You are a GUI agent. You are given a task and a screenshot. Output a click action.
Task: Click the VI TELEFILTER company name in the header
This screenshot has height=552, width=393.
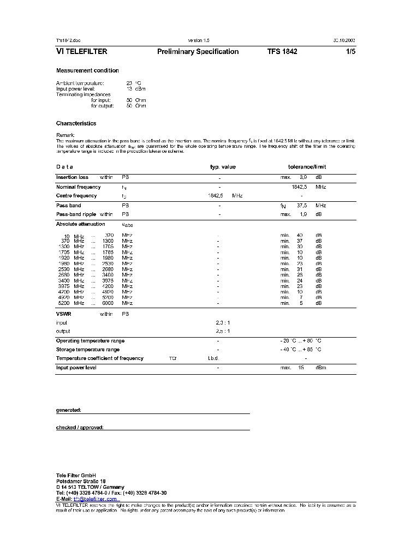[82, 52]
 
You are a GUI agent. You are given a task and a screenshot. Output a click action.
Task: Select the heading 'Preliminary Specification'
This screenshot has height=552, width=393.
[198, 52]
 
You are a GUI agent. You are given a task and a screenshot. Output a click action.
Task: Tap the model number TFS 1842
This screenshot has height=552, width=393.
[282, 52]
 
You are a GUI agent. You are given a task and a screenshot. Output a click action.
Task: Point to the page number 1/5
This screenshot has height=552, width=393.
[350, 52]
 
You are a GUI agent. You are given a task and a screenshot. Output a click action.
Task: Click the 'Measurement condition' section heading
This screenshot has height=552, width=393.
[87, 70]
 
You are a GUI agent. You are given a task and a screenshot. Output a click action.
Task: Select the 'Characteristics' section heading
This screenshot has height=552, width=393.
[76, 123]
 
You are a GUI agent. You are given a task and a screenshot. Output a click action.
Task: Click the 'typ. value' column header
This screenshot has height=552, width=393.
[223, 167]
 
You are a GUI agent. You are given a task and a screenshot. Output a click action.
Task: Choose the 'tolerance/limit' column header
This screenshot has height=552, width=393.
[307, 167]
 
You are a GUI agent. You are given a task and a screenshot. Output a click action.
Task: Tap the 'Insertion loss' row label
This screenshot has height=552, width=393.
[72, 177]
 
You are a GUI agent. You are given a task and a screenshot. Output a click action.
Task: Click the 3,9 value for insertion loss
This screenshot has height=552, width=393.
[303, 177]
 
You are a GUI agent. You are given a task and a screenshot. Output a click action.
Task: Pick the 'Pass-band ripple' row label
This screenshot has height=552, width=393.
[76, 214]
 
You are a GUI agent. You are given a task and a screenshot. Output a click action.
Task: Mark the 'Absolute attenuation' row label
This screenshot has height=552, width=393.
[80, 224]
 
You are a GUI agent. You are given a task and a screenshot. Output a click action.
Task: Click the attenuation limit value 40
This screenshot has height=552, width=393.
[300, 235]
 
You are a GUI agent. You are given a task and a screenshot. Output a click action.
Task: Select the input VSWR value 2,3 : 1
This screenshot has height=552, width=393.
[223, 323]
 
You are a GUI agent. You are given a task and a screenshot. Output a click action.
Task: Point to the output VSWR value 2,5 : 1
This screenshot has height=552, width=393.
[223, 331]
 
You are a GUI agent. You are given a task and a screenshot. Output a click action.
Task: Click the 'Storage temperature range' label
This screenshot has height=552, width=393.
[87, 350]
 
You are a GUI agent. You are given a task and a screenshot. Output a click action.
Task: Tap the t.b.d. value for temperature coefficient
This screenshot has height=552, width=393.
[213, 358]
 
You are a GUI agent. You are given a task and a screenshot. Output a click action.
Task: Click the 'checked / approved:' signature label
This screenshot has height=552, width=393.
[80, 428]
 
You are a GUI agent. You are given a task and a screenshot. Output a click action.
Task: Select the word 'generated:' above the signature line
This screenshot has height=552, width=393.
[69, 410]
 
